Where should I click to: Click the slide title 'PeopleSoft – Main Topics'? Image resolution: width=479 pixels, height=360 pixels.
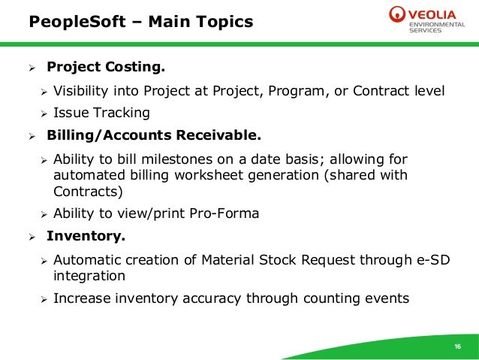(140, 22)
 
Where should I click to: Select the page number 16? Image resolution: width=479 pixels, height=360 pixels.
(457, 346)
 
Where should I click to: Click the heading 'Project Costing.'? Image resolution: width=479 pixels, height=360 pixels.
(105, 68)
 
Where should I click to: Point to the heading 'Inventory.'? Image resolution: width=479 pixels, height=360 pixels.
(86, 236)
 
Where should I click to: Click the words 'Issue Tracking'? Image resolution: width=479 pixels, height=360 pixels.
(101, 113)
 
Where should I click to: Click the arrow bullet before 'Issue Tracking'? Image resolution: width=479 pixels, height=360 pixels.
(44, 114)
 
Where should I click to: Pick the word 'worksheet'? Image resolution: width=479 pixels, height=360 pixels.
(218, 175)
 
